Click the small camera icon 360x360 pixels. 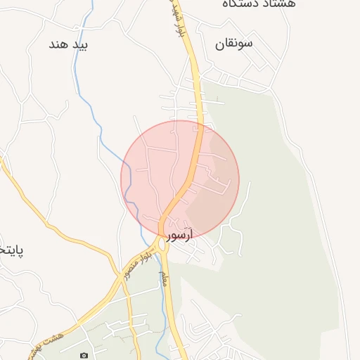coord(84,356)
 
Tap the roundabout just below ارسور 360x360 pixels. coord(163,245)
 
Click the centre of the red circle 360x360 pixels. coord(180,180)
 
